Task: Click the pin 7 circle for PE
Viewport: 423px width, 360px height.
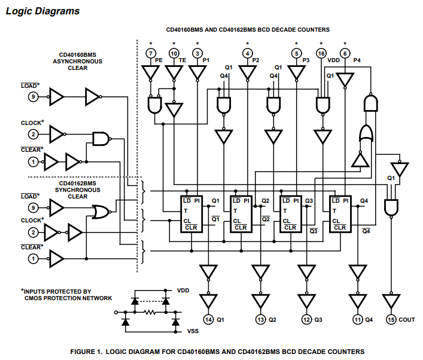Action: (150, 54)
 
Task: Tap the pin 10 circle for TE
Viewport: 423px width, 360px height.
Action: (174, 54)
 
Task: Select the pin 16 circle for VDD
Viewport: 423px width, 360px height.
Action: (321, 54)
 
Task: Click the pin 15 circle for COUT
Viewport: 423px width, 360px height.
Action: (391, 319)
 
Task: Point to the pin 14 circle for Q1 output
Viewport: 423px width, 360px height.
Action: (208, 319)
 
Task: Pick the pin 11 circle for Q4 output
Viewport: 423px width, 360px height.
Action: (357, 319)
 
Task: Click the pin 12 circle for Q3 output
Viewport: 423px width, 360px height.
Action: (306, 319)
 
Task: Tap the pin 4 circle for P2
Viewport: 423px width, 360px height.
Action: (248, 54)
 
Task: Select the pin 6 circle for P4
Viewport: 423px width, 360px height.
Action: (345, 54)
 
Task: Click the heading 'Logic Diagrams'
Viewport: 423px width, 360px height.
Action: (42, 11)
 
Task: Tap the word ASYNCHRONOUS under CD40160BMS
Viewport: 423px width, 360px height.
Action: (78, 61)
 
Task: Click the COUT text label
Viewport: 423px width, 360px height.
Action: (407, 320)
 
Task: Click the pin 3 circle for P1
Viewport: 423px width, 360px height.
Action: (197, 54)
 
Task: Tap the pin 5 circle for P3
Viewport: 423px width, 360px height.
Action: (296, 54)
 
